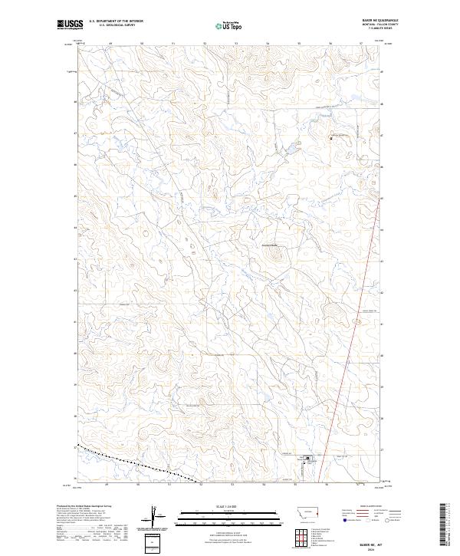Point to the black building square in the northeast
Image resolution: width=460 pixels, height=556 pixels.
click(x=331, y=138)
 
